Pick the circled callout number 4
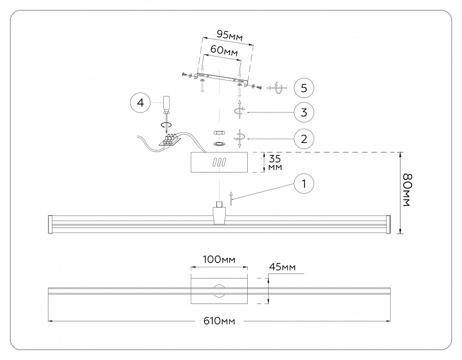[x=140, y=103]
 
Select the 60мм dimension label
[x=223, y=51]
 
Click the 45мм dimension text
[x=282, y=267]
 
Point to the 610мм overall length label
[x=219, y=320]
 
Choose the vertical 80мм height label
[x=407, y=191]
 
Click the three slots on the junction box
[x=219, y=163]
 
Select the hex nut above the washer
[x=218, y=133]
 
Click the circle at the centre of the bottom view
[x=219, y=290]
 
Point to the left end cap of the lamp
[x=50, y=223]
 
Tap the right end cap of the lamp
[x=389, y=223]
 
